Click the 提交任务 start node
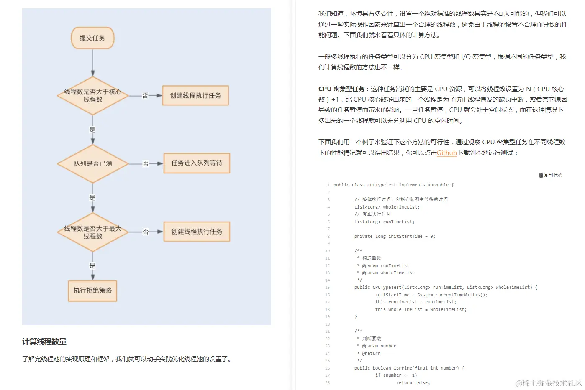pos(92,38)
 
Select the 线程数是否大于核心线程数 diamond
pos(92,96)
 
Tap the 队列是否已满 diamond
pos(92,163)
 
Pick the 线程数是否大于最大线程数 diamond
pos(92,232)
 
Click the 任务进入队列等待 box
pos(197,163)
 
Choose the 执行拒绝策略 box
pos(92,291)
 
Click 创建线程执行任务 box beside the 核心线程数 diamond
pos(195,96)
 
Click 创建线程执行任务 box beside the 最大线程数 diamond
pos(197,232)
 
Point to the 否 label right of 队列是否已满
pos(146,163)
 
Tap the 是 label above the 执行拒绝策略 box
pos(92,265)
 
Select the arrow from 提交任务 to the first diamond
pos(93,63)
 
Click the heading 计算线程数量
pos(44,342)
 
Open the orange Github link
pos(446,153)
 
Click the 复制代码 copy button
pos(551,175)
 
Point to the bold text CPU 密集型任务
pos(341,89)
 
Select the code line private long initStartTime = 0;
pos(395,237)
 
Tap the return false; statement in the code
pos(413,382)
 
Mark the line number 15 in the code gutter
pos(327,288)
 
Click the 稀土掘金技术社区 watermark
pos(549,382)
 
